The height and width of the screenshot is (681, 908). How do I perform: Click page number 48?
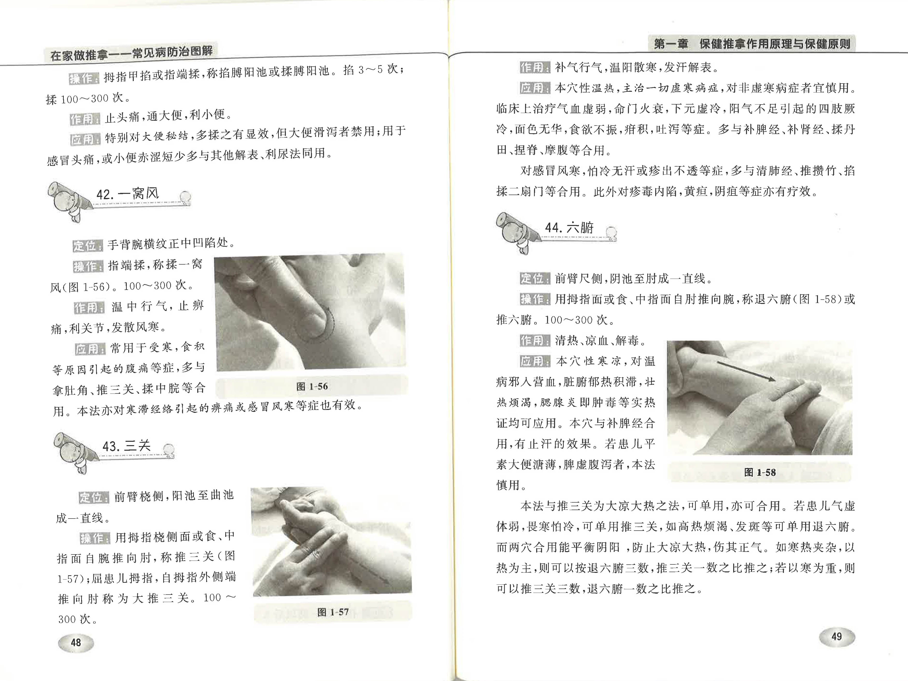(76, 642)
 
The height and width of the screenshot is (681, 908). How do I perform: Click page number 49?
(836, 637)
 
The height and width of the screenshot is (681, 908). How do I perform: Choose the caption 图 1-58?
(759, 472)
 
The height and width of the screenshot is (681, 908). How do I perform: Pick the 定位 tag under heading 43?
(94, 497)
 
